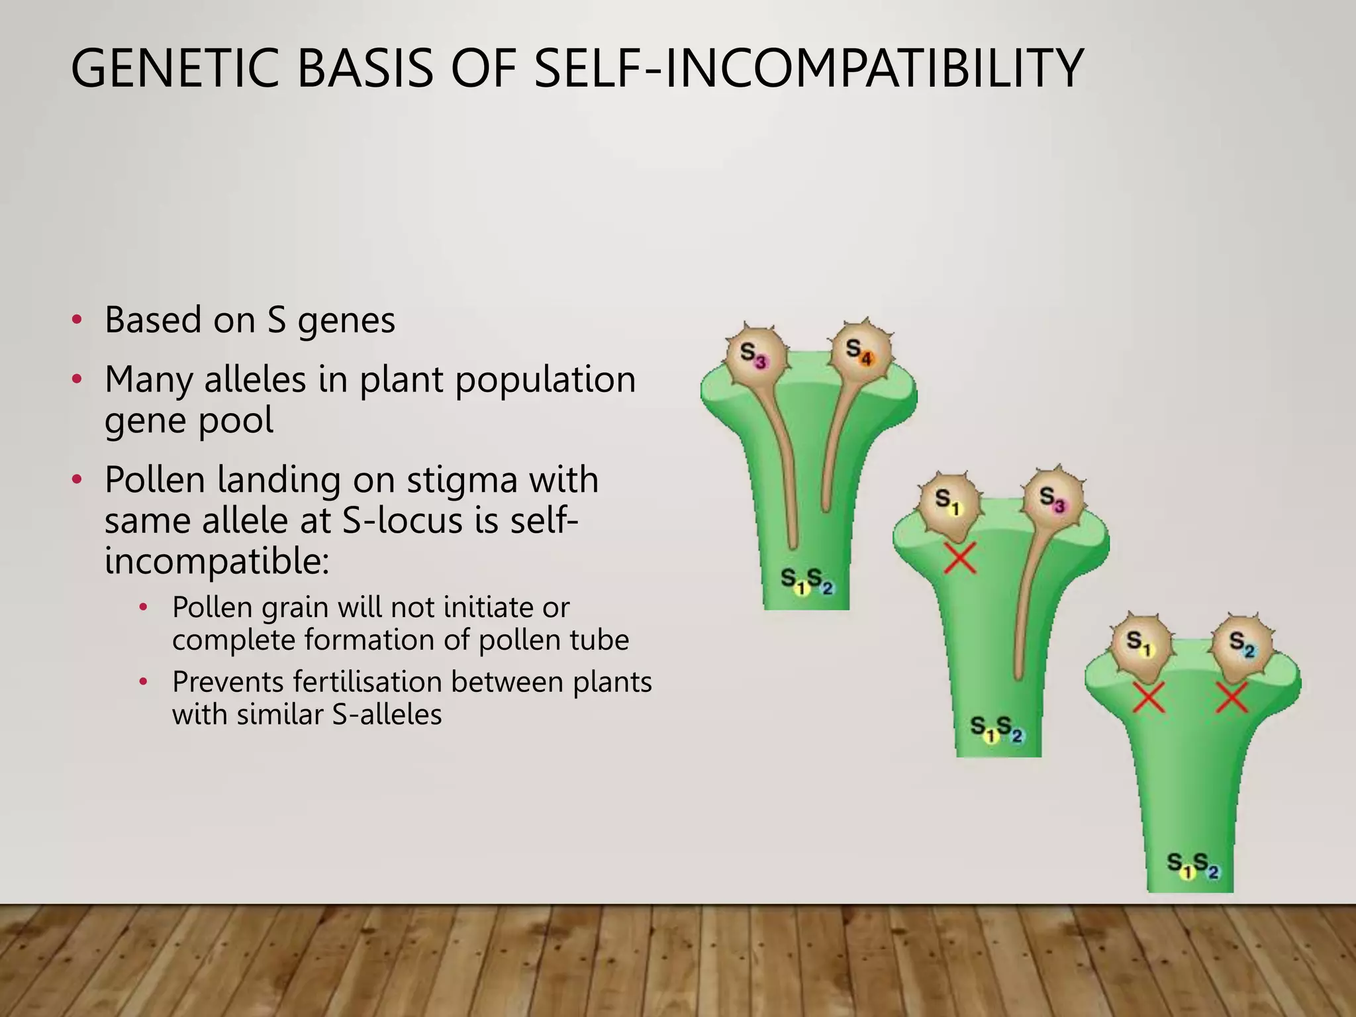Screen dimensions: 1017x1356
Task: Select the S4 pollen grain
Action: (860, 352)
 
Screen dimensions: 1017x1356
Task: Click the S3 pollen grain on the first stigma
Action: (755, 356)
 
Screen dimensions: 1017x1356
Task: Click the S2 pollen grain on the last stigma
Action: (1241, 646)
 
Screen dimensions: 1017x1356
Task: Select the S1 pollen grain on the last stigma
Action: (1139, 646)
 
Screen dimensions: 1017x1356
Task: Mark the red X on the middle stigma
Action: (960, 558)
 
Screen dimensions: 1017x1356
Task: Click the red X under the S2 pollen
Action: (1232, 698)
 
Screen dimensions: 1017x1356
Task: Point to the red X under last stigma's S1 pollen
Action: (1149, 698)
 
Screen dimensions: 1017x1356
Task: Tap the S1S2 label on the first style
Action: (806, 581)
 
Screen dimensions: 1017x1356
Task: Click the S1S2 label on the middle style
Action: (997, 728)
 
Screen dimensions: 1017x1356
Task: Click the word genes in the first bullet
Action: (346, 321)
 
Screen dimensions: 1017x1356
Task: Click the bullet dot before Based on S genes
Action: (77, 320)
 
